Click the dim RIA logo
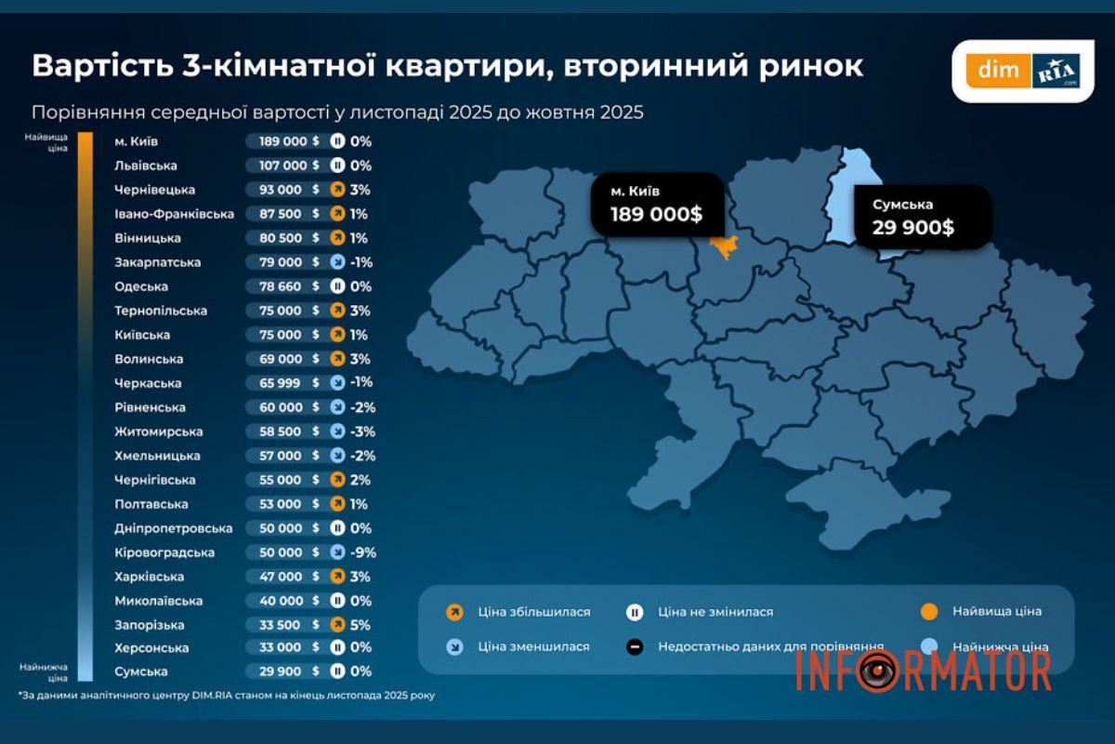tap(1023, 70)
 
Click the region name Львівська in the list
tap(145, 166)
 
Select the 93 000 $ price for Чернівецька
tap(282, 190)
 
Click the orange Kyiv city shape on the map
tap(722, 246)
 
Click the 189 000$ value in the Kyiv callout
tap(656, 215)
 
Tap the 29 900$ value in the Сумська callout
tap(912, 226)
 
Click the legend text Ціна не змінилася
tap(715, 612)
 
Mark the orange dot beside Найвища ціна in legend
tap(926, 612)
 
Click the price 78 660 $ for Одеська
tap(282, 286)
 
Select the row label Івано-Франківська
tap(174, 214)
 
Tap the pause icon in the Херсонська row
tap(338, 647)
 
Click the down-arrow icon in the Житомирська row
tap(338, 432)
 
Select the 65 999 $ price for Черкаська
tap(282, 383)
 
